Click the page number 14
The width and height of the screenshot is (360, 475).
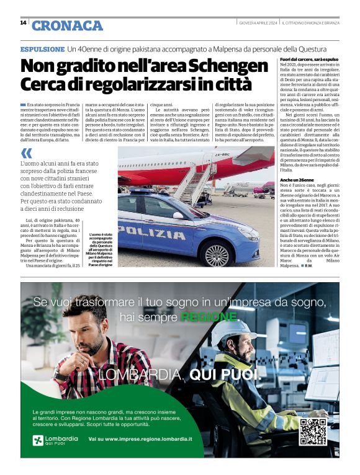(x=23, y=23)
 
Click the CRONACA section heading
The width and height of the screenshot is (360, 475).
(x=67, y=25)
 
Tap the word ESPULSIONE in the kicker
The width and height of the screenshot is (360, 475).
(x=42, y=48)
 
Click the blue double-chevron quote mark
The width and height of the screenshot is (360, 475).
(x=26, y=153)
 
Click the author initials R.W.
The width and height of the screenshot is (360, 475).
(x=326, y=265)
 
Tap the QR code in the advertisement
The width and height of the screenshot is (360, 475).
(x=313, y=432)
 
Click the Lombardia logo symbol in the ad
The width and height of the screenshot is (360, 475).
(x=38, y=440)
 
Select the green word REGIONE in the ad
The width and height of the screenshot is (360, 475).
(x=209, y=317)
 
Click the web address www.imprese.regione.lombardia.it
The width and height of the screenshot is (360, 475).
(x=140, y=439)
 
